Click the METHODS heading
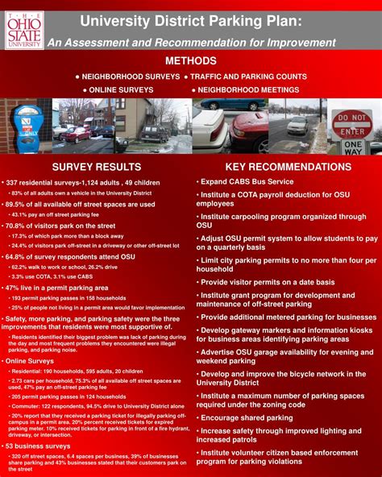191,61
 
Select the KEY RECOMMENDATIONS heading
288,167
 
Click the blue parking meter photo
26,127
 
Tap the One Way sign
353,147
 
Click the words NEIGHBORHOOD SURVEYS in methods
131,76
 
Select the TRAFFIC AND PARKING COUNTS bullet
253,76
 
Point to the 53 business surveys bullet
40,446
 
